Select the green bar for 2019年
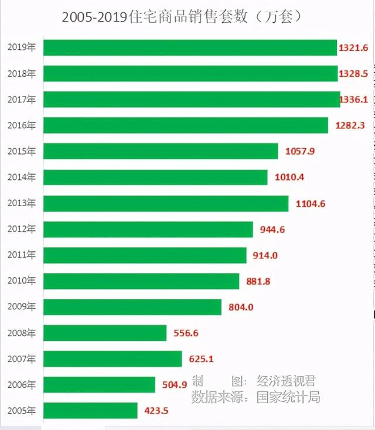click(x=190, y=47)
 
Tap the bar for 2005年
click(x=90, y=411)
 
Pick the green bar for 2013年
click(x=166, y=203)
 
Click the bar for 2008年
click(x=105, y=333)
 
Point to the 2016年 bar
click(x=186, y=125)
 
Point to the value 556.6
click(x=186, y=333)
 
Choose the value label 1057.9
click(x=300, y=151)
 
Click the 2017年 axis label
click(x=22, y=100)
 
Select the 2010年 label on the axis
click(x=22, y=281)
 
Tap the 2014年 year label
click(x=22, y=178)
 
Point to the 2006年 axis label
click(x=22, y=385)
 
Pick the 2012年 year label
click(x=22, y=229)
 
